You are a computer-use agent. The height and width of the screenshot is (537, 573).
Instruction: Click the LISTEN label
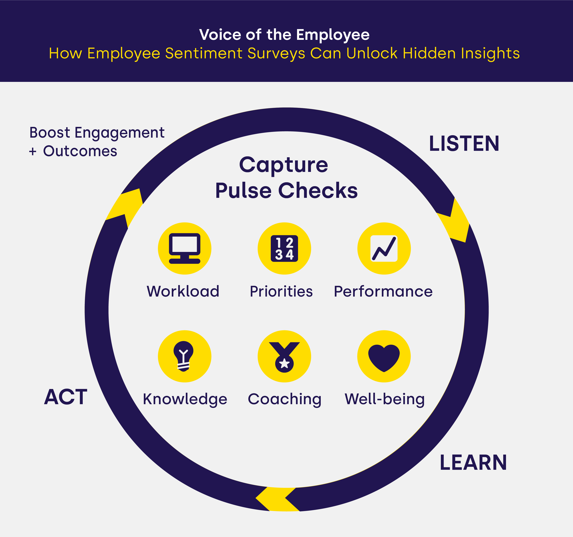point(464,143)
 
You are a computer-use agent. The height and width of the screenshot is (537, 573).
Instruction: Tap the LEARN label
point(473,463)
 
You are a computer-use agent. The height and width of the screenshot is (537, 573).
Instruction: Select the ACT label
point(66,397)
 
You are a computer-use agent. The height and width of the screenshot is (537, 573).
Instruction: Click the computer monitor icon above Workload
point(185,248)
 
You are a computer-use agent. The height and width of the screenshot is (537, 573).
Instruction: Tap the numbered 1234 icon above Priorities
point(284,248)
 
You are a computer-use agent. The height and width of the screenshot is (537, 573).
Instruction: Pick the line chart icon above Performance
point(384,248)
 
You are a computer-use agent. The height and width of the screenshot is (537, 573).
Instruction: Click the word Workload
point(183,291)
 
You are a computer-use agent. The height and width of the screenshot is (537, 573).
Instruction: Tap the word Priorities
point(281,291)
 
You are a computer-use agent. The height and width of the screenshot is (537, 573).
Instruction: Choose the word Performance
point(383,291)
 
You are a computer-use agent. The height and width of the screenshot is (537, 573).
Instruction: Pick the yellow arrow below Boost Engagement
point(124,208)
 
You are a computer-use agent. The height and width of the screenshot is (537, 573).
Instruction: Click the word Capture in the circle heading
point(284,165)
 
